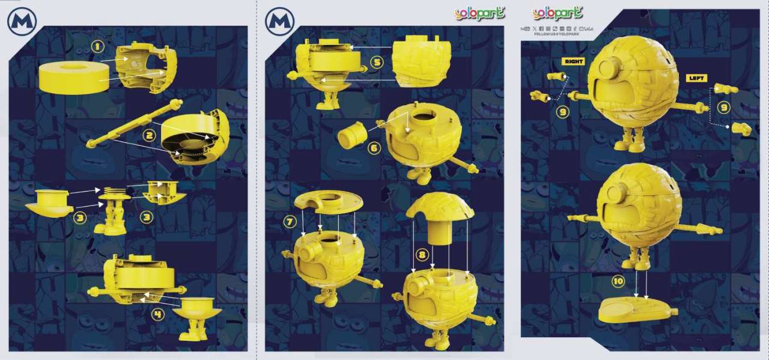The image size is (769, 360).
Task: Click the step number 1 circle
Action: click(x=97, y=46)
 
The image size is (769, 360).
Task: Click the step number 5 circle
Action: click(x=377, y=61)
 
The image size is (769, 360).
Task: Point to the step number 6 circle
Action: click(x=374, y=148)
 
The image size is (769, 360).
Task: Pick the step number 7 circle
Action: click(x=291, y=221)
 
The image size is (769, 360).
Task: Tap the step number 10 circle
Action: click(x=618, y=281)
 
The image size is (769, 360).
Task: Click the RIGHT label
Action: click(x=573, y=61)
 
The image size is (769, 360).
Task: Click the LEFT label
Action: click(x=698, y=78)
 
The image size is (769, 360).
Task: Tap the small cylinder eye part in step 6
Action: click(x=352, y=135)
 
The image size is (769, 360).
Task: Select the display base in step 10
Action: click(x=637, y=310)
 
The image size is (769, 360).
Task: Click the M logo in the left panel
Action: click(x=22, y=22)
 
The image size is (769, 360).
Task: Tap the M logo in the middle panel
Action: click(x=280, y=22)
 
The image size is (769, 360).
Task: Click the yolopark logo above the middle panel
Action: click(x=479, y=13)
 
